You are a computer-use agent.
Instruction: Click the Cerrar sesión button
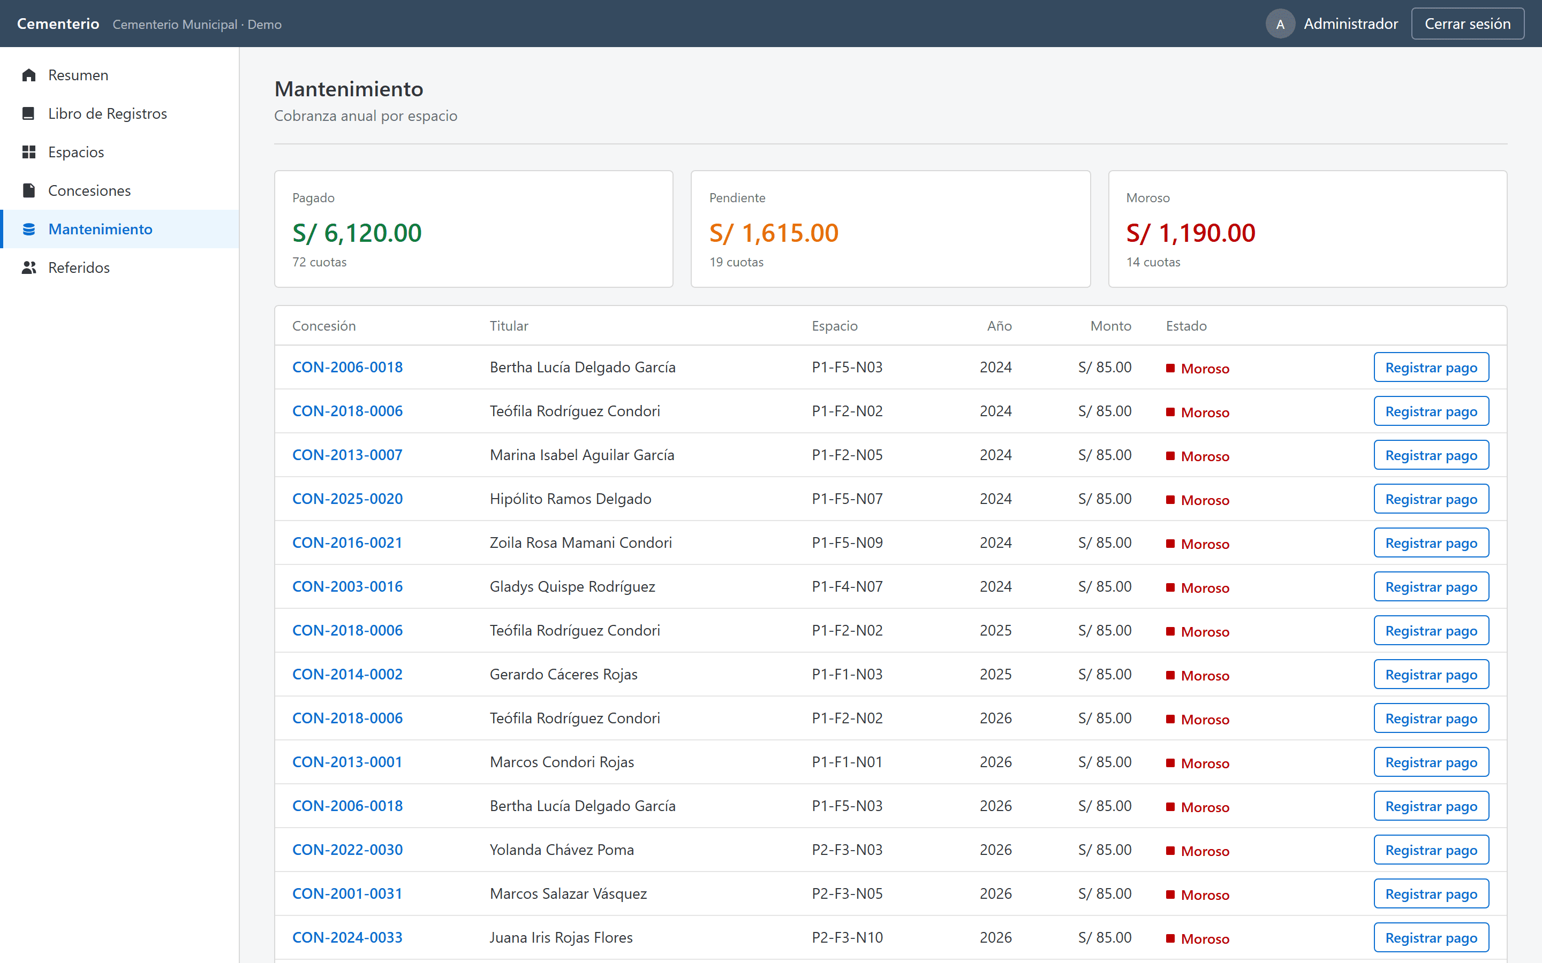[x=1467, y=24]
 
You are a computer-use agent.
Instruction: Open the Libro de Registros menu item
[x=107, y=113]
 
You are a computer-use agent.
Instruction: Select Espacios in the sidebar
[x=76, y=152]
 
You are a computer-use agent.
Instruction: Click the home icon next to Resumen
[x=29, y=75]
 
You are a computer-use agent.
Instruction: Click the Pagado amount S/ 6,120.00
[x=357, y=233]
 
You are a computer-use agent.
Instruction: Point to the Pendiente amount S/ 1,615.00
[x=774, y=233]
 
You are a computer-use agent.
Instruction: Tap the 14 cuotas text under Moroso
[x=1153, y=262]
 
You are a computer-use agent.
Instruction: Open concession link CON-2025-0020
[x=347, y=499]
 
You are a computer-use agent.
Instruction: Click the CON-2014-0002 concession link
[x=347, y=674]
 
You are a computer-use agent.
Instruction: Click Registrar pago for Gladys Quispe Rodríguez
[x=1431, y=586]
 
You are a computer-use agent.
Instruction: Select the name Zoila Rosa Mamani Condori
[x=580, y=542]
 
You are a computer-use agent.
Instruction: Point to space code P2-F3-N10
[x=847, y=937]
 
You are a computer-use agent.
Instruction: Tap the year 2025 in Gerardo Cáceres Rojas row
[x=995, y=674]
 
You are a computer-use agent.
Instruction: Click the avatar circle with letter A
[x=1280, y=24]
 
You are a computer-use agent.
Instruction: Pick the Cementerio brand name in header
[x=58, y=24]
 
